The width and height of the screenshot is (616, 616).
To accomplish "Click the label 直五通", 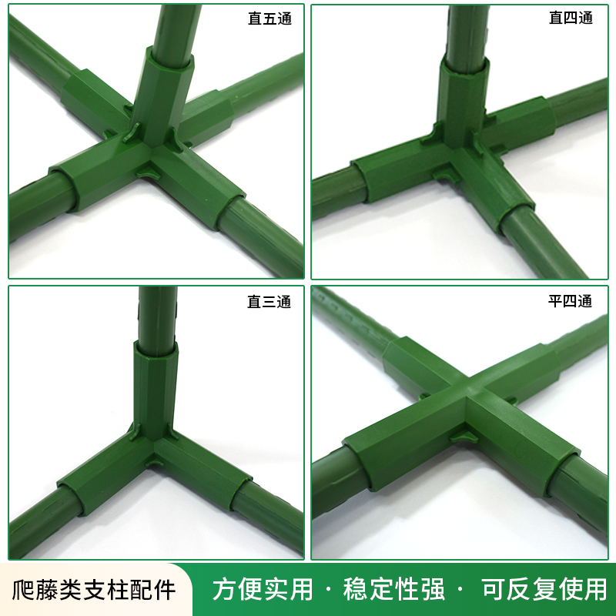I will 269,19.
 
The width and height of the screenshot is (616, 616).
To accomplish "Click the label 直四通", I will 571,19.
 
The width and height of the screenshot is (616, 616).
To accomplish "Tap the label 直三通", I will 269,302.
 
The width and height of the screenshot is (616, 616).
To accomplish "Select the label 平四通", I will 571,301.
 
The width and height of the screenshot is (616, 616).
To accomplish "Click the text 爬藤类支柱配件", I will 95,590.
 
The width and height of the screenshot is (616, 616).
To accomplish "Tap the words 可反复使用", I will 544,590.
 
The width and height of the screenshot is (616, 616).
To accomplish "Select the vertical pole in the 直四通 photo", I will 467,31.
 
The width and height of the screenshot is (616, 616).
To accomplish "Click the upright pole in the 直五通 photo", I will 174,27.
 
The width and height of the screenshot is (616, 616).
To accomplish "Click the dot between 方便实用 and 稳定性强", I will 329,591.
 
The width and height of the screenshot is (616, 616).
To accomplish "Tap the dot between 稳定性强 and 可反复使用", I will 460,591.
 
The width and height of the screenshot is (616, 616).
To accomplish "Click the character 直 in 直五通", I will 255,19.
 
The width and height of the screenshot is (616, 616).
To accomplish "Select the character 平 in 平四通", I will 556,301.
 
